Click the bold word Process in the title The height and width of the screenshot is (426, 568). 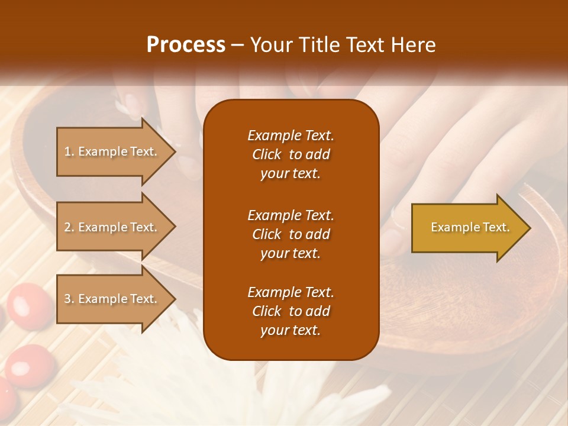[186, 45]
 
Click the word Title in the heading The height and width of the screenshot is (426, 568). [321, 45]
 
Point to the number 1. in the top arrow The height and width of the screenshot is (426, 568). [69, 151]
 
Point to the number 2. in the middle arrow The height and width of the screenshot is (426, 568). [69, 227]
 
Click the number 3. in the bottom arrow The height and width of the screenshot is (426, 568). [69, 299]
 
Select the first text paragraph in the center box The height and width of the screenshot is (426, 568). [291, 154]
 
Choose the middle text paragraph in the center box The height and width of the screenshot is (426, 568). [291, 234]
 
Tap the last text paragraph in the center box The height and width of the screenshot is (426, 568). [291, 311]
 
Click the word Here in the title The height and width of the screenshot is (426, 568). [414, 45]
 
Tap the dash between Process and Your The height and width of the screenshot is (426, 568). [237, 45]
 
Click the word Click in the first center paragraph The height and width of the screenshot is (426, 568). [267, 154]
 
